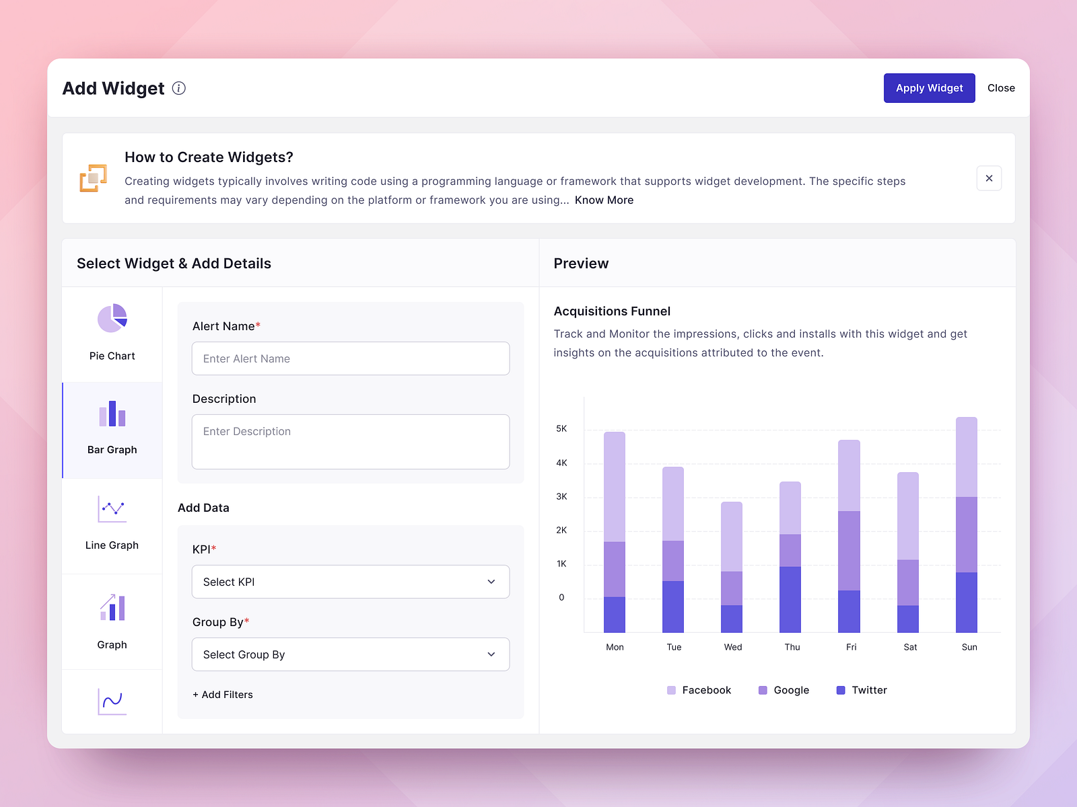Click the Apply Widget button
tap(929, 88)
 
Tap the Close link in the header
tap(1001, 88)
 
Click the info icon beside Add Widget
tap(179, 88)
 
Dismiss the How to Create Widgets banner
tap(989, 178)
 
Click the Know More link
tap(604, 200)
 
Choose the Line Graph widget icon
tap(112, 510)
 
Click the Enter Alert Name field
tap(350, 358)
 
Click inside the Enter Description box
tap(350, 442)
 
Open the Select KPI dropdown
tap(350, 582)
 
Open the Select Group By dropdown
tap(350, 654)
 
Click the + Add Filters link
tap(223, 695)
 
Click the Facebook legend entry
tap(699, 690)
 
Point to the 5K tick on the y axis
tap(561, 429)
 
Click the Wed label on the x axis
tap(733, 647)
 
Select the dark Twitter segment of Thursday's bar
tap(790, 599)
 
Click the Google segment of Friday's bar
tap(849, 550)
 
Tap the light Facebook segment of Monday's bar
tap(615, 486)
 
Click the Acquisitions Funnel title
tap(612, 311)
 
